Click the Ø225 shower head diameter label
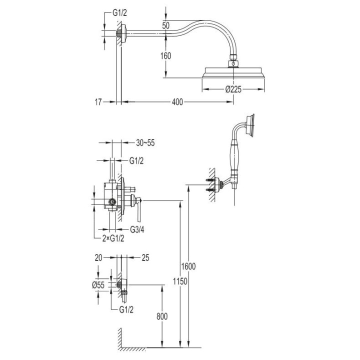pyautogui.click(x=233, y=90)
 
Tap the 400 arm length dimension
pyautogui.click(x=176, y=102)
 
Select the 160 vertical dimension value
pyautogui.click(x=165, y=56)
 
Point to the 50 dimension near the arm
pyautogui.click(x=166, y=24)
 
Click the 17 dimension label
pyautogui.click(x=97, y=102)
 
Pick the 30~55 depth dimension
pyautogui.click(x=145, y=142)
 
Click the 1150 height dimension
pyautogui.click(x=180, y=281)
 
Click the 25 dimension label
pyautogui.click(x=145, y=258)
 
